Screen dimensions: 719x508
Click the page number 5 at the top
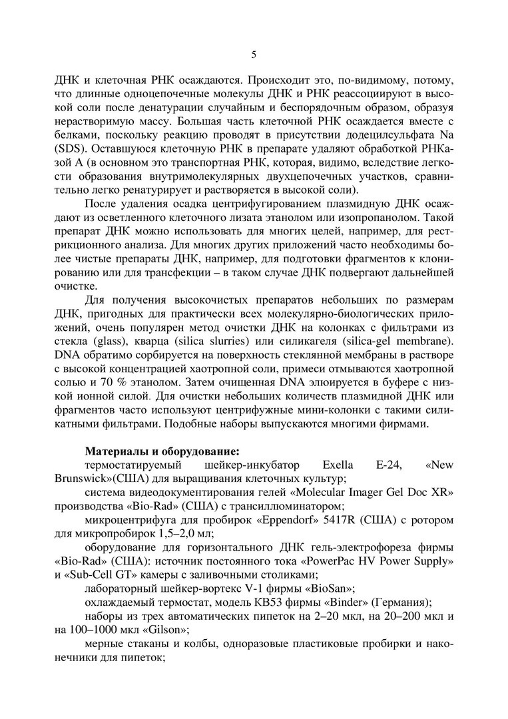tap(254, 55)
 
